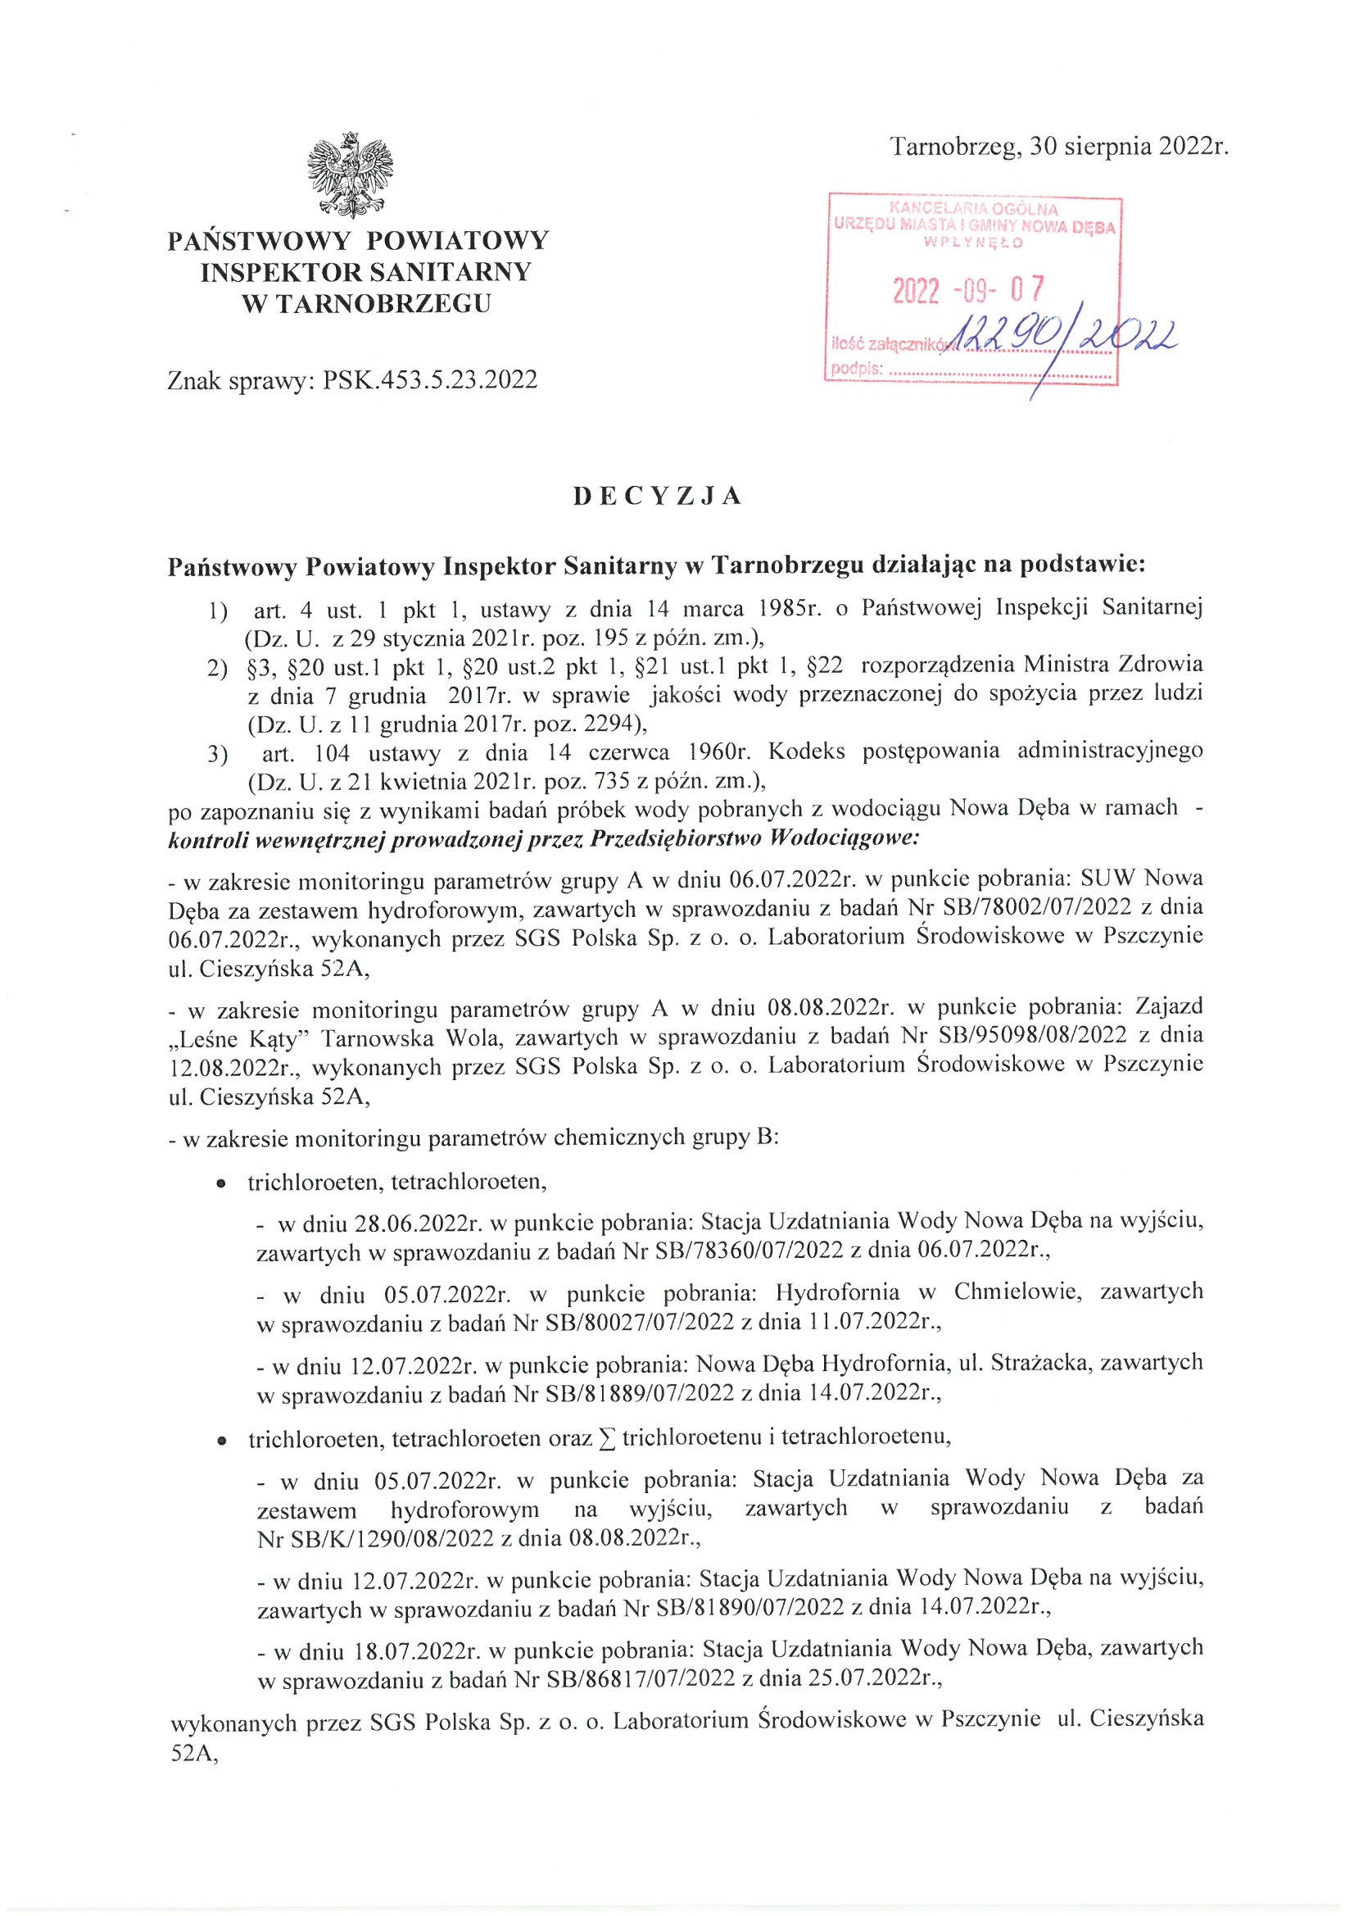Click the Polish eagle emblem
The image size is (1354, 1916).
click(x=351, y=175)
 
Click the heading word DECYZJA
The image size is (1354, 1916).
click(x=658, y=496)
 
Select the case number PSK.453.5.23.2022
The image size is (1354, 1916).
click(x=431, y=380)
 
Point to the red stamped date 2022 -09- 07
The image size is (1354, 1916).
click(x=968, y=289)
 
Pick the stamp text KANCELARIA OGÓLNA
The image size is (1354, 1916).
click(x=974, y=209)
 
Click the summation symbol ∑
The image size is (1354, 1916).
click(x=608, y=1438)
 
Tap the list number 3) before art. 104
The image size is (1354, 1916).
click(x=217, y=755)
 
